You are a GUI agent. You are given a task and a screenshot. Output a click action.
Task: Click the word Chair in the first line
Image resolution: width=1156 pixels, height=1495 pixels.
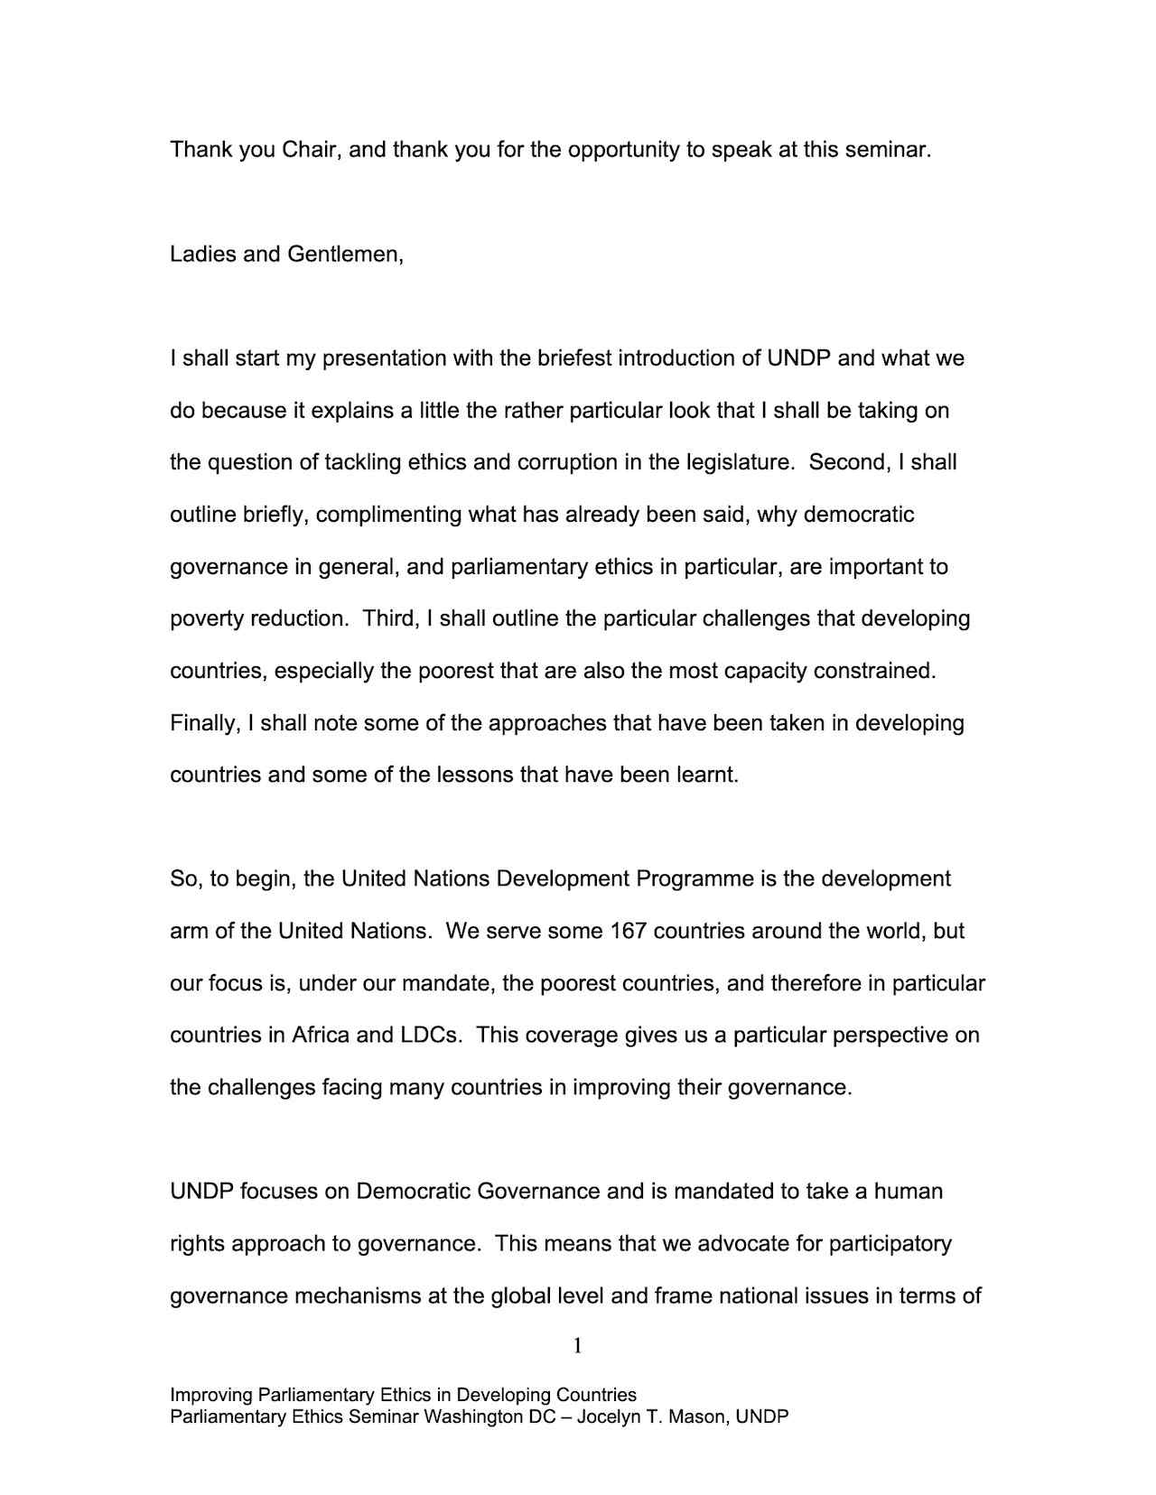tap(311, 150)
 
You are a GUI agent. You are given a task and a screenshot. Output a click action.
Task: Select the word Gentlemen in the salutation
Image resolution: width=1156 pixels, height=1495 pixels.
tap(345, 255)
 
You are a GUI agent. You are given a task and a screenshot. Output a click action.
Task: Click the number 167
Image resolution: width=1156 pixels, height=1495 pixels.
tap(629, 931)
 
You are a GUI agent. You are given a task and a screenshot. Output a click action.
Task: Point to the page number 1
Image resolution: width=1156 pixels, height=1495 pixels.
tap(577, 1347)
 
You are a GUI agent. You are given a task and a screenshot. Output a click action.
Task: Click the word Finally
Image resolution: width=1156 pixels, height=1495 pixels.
tap(205, 724)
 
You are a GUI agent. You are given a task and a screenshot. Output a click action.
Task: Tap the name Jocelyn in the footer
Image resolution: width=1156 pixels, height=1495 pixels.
tap(608, 1416)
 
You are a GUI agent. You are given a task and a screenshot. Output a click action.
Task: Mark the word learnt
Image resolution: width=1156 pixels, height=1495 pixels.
tap(708, 775)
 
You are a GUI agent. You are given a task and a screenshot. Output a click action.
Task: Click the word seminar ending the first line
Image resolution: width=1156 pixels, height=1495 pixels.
tap(887, 150)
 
